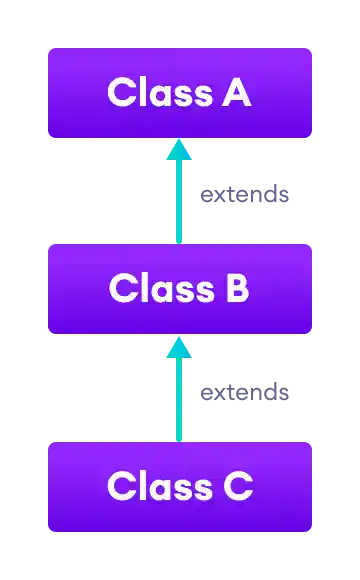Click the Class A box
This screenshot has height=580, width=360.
pos(180,93)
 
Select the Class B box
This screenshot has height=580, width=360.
pos(180,289)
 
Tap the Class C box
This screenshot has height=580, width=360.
pos(180,487)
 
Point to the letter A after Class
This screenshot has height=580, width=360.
pos(236,93)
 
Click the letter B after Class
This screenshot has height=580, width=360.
pos(235,289)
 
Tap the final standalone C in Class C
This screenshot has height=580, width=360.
pos(236,487)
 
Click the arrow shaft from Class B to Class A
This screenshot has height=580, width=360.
pos(180,200)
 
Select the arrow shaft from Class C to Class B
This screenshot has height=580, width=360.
pos(180,400)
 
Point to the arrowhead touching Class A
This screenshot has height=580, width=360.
pos(180,149)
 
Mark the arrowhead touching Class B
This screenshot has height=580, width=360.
pos(180,346)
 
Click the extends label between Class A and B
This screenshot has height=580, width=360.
pos(245,196)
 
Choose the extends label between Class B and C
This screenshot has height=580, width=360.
pos(245,393)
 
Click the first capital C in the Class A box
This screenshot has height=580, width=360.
pos(120,93)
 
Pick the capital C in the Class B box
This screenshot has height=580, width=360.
pos(122,289)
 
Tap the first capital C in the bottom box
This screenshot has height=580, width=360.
pos(120,487)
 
